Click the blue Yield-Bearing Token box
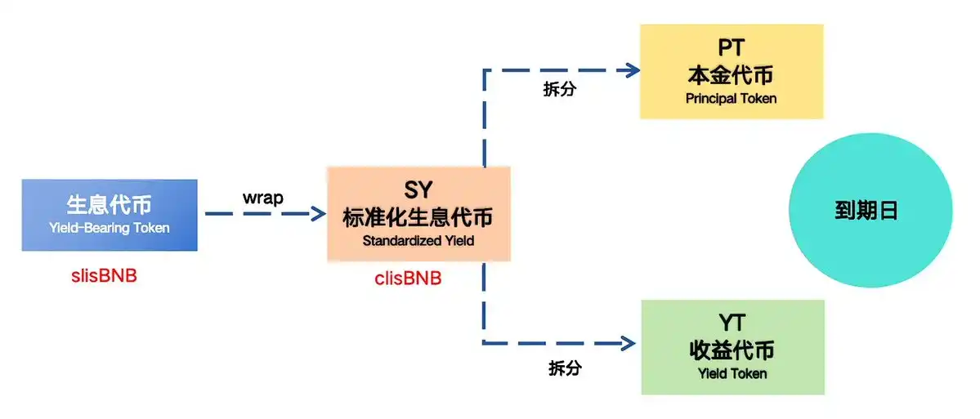pos(110,215)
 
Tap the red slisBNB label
pos(104,275)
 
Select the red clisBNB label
pos(408,279)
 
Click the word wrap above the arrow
pos(263,198)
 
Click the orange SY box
pos(418,214)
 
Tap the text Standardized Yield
pos(418,241)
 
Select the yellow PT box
pos(731,72)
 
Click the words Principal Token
pos(731,99)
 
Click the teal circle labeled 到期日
pos(870,211)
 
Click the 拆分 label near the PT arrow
pos(559,90)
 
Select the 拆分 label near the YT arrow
pos(565,368)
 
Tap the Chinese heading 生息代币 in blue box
pos(109,204)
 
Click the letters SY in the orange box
pos(418,191)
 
